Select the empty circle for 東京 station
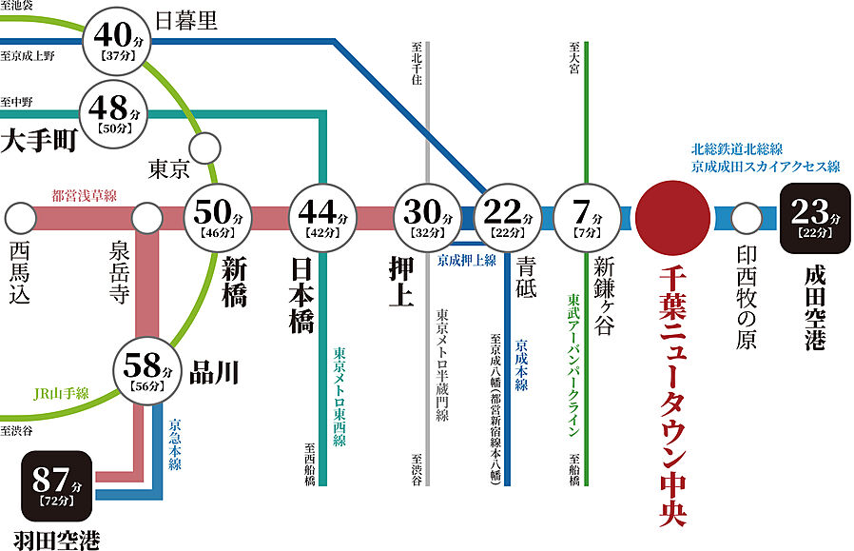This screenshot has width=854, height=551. [204, 148]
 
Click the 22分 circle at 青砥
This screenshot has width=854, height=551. [505, 217]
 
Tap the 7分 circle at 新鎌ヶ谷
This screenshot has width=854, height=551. [587, 217]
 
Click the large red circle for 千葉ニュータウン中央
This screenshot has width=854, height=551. [672, 217]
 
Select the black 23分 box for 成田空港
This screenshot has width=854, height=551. [813, 217]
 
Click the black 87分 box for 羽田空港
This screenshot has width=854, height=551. [57, 484]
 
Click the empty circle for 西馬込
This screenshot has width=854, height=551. [18, 218]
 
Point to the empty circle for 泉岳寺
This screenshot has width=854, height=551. [146, 218]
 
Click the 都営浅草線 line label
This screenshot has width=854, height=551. [84, 196]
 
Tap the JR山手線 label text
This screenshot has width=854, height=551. [61, 394]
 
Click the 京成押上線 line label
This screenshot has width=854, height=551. [466, 259]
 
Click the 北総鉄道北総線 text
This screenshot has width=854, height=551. [737, 149]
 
